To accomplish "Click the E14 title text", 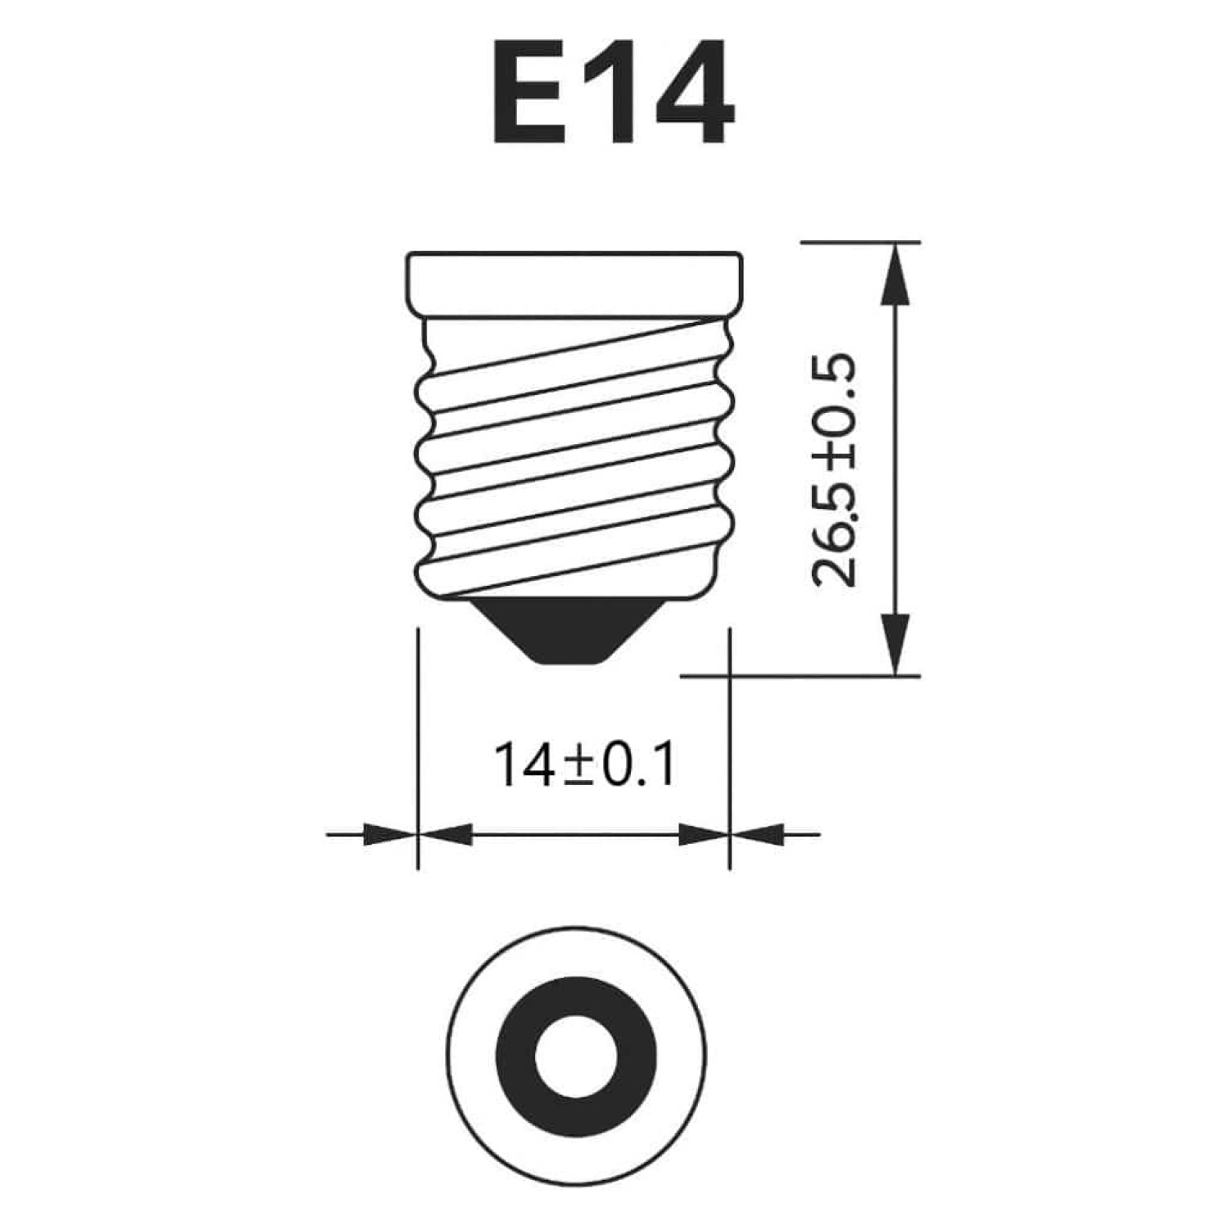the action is click(x=613, y=92).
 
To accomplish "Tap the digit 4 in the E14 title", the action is click(x=692, y=92).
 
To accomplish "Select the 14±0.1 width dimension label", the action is click(x=585, y=765).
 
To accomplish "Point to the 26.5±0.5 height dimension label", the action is click(x=833, y=471).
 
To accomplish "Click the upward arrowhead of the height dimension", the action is click(x=897, y=274).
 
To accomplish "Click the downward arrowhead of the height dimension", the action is click(x=897, y=644).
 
